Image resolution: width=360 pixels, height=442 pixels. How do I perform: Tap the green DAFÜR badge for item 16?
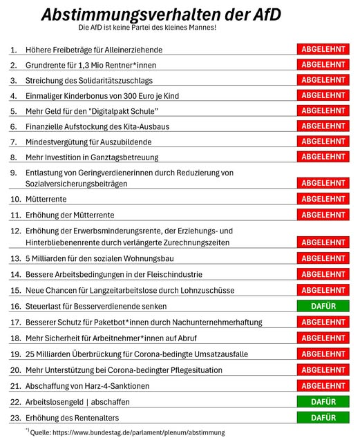pos(323,305)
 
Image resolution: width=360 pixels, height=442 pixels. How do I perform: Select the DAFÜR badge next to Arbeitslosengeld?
pos(323,401)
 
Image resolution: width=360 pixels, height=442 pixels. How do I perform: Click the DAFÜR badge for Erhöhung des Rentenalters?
pos(323,417)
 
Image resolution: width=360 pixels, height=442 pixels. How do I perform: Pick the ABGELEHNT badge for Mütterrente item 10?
pos(323,199)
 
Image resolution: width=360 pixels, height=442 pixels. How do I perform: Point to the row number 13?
pos(15,258)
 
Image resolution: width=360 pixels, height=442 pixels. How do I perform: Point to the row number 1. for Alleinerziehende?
pos(14,50)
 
